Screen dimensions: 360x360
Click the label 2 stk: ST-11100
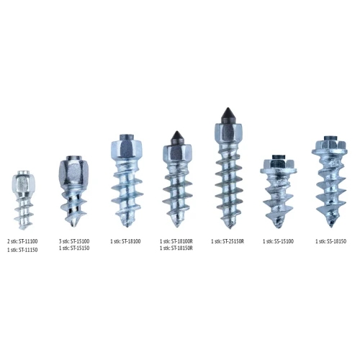(22, 241)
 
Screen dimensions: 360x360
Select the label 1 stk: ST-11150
(22, 250)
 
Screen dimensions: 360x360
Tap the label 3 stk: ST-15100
(74, 241)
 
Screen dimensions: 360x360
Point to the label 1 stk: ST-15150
(74, 248)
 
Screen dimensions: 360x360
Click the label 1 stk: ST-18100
(125, 241)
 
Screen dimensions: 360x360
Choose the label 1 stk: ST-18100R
(176, 241)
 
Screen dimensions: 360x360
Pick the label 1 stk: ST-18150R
(176, 248)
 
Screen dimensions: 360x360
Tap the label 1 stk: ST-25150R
(228, 241)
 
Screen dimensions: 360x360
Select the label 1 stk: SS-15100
(278, 241)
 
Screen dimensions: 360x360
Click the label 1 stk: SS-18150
(331, 241)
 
